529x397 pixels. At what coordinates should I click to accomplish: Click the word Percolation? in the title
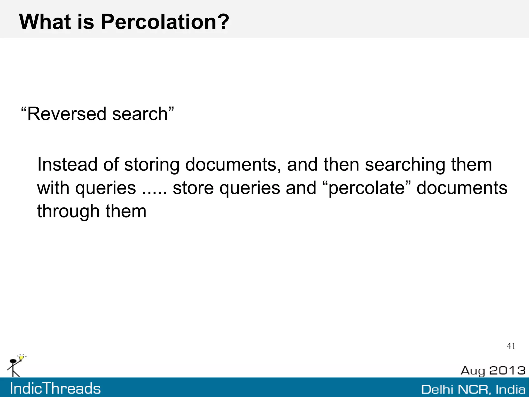(x=165, y=22)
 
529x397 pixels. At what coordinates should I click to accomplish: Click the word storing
(x=152, y=164)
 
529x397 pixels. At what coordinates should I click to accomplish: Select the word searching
(x=405, y=164)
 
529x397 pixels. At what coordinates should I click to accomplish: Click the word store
(x=193, y=188)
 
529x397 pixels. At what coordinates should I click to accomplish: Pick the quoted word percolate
(x=367, y=188)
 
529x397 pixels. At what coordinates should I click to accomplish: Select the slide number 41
(x=511, y=346)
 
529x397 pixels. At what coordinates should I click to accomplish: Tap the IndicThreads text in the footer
(x=55, y=389)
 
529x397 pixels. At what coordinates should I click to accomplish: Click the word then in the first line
(x=341, y=164)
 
